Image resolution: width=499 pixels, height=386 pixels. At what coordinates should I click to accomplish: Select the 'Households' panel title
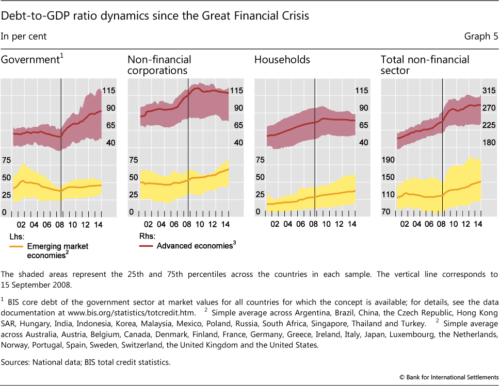coord(282,60)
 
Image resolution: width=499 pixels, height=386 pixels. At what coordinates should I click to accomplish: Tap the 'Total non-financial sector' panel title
coord(425,65)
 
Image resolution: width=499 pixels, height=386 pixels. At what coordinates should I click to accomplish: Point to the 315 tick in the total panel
coord(488,91)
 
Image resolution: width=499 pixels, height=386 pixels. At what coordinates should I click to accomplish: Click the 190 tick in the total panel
coord(388,160)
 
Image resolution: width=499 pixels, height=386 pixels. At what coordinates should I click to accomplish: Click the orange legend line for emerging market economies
coord(16,246)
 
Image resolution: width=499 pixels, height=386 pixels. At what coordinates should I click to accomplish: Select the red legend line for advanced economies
coord(146,246)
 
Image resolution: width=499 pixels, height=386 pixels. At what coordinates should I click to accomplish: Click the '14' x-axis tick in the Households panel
coord(351,225)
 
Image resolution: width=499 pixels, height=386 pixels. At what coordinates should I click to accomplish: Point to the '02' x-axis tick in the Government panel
coord(21,225)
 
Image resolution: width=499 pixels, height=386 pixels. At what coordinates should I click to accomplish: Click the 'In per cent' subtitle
coord(24,36)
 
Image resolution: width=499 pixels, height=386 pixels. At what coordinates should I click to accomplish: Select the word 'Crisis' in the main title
coord(293,16)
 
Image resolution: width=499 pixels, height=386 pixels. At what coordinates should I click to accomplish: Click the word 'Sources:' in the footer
coord(17,362)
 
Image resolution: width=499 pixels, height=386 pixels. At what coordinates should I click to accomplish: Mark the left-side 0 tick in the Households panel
coord(257,212)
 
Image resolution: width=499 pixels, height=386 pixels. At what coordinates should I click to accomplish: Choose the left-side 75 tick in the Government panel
coord(6,160)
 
